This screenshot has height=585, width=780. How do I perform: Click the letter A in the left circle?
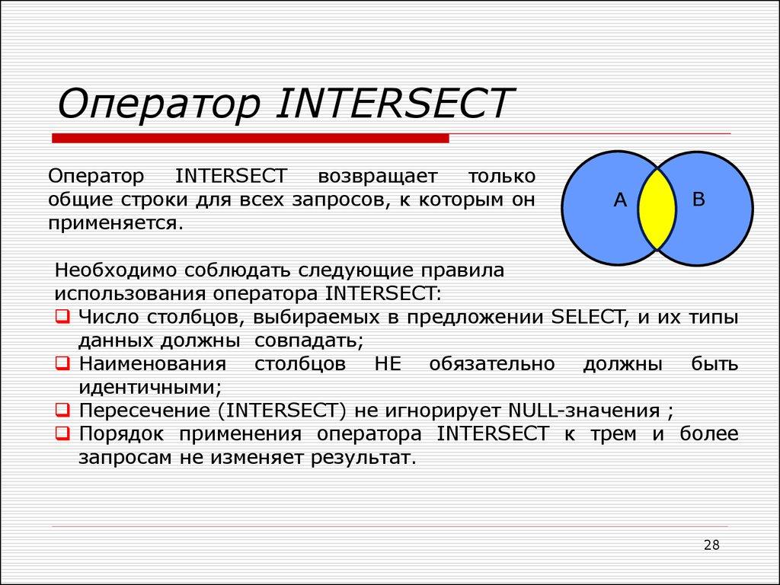coord(620,200)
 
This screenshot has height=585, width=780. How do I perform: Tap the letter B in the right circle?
coord(698,200)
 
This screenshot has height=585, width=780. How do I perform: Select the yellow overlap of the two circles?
coord(657,208)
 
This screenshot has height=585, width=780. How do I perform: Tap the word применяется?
coord(116,225)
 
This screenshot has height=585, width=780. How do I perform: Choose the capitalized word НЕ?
coord(387,364)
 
